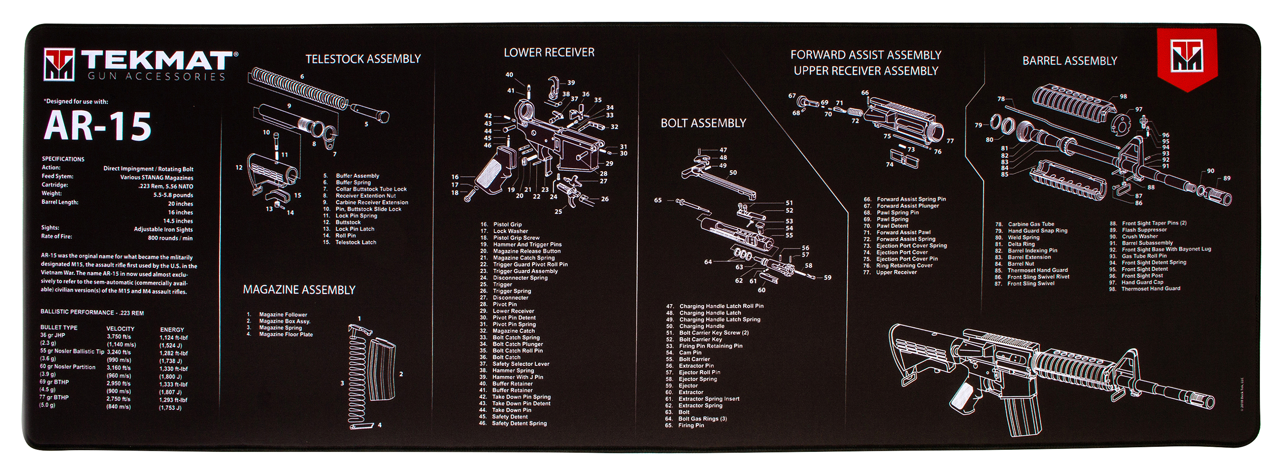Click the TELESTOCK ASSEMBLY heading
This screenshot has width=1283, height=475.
363,59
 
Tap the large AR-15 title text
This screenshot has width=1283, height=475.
98,126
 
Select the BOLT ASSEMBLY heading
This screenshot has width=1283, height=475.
703,123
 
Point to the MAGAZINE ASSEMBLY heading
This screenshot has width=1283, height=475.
299,290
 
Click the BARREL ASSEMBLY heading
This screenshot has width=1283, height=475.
1069,61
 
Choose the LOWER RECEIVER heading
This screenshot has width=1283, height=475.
549,52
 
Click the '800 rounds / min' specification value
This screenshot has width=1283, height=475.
170,238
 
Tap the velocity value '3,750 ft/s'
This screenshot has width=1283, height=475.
118,336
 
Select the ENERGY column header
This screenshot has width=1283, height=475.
172,330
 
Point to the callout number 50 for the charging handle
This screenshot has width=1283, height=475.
733,172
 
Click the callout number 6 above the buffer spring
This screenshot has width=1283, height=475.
302,76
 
